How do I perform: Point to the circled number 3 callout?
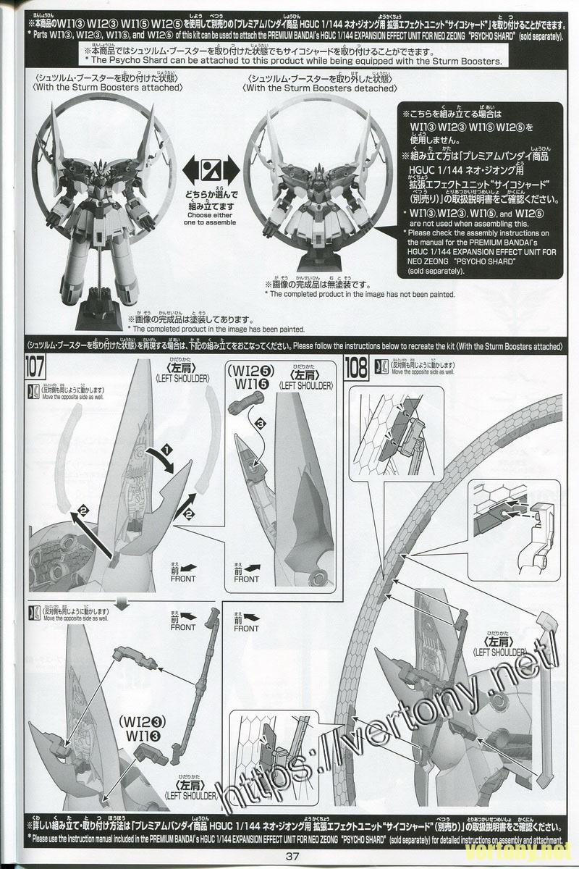coord(260,421)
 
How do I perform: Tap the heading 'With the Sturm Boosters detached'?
coord(321,88)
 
